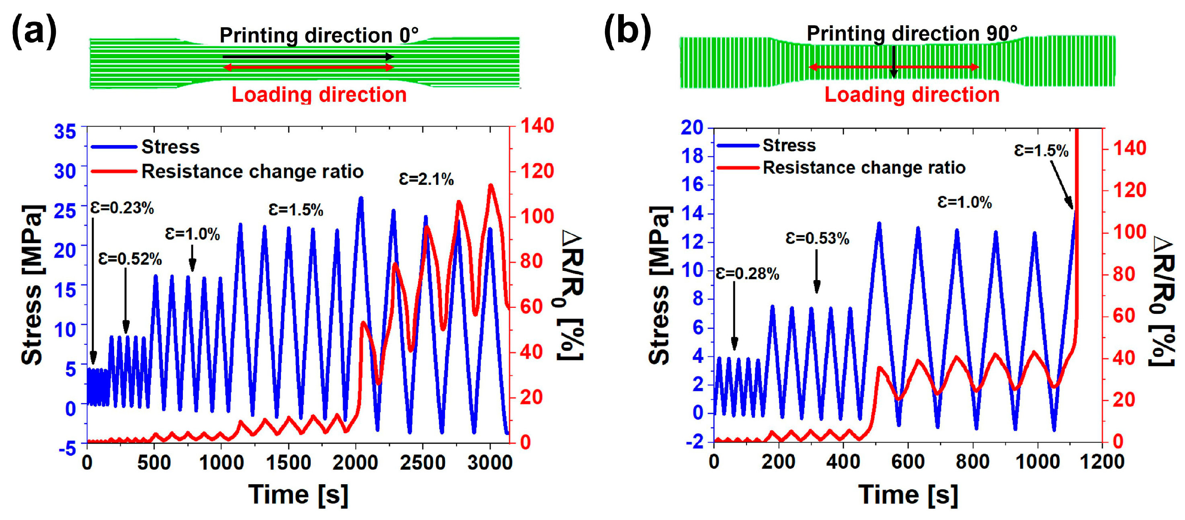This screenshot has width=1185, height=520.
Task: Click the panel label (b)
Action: coord(627,31)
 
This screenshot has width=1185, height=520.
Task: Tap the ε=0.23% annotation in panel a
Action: coord(122,208)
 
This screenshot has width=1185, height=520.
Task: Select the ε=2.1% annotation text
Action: coord(426,179)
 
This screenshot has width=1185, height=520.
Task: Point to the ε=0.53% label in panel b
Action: coord(817,239)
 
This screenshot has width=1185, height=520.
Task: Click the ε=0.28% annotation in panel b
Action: coord(747,274)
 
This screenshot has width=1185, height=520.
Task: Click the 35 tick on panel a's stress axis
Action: coord(65,131)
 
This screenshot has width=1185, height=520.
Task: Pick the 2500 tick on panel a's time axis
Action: coord(422,462)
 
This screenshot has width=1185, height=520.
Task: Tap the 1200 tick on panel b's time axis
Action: coord(1102,461)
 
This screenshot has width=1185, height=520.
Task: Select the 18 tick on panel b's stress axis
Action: coord(692,156)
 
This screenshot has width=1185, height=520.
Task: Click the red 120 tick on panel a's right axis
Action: coord(537,171)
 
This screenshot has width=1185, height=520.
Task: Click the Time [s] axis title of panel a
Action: coord(298,495)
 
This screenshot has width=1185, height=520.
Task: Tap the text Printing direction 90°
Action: coord(912,34)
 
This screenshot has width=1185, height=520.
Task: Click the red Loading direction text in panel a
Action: coord(319,95)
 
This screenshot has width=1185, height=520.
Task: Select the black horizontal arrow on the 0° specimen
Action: coord(308,57)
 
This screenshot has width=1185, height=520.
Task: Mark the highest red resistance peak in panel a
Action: coord(490,186)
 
